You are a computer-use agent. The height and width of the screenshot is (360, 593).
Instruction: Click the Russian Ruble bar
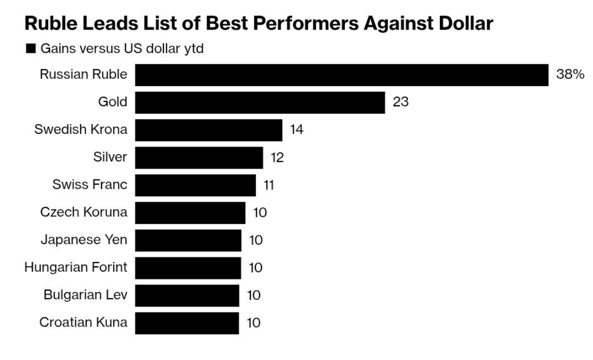coord(342,75)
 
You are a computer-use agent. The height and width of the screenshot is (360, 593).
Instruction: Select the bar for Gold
coord(260,103)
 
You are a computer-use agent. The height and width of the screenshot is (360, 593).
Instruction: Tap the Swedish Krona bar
coord(209,130)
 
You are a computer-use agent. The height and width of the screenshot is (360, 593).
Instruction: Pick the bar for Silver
coord(199,157)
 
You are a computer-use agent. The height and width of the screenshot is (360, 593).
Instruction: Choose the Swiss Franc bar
coord(195,185)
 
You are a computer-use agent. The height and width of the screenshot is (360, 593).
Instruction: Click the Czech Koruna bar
coord(190,213)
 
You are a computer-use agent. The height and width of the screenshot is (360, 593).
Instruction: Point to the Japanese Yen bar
coord(188,240)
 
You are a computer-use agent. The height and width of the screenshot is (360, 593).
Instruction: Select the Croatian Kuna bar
coord(187,323)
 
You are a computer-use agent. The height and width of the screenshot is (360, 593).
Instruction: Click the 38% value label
coord(570,75)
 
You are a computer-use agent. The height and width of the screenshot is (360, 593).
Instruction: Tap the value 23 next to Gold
coord(400,102)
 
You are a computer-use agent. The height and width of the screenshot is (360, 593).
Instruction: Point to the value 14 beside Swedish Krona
coord(296,130)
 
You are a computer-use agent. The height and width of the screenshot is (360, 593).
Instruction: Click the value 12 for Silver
coord(277,157)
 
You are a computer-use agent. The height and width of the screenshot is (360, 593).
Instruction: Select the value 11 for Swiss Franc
coord(268,185)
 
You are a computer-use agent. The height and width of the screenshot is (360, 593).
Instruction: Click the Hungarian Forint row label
coord(76,267)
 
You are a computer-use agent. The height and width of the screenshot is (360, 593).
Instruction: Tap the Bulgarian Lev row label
coord(86,295)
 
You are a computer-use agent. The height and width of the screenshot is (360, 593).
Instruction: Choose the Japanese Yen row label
coord(84,240)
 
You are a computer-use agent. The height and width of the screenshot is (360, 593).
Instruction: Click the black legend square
coord(31,48)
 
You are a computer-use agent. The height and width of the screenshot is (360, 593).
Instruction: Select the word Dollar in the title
coord(466,23)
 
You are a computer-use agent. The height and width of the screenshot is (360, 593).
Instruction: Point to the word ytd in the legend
coord(194,49)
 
